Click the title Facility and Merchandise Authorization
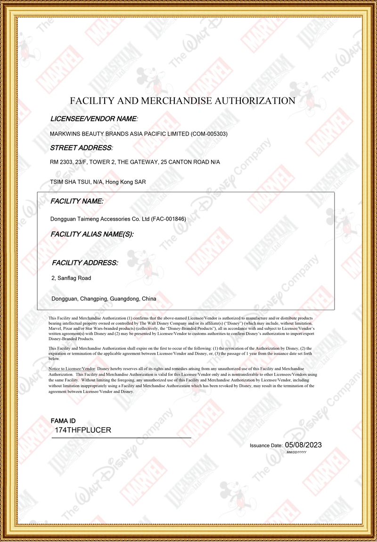click(182, 101)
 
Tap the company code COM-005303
click(209, 134)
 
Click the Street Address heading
click(82, 148)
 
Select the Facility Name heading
click(77, 201)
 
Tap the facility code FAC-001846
click(171, 219)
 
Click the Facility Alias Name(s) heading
click(92, 234)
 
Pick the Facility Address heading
click(85, 263)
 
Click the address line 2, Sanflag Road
click(71, 278)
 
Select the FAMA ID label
click(63, 421)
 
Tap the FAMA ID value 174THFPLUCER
click(83, 430)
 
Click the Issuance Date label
click(266, 445)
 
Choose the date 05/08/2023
click(303, 445)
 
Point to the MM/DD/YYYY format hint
click(296, 452)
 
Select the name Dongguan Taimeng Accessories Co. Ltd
click(100, 219)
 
